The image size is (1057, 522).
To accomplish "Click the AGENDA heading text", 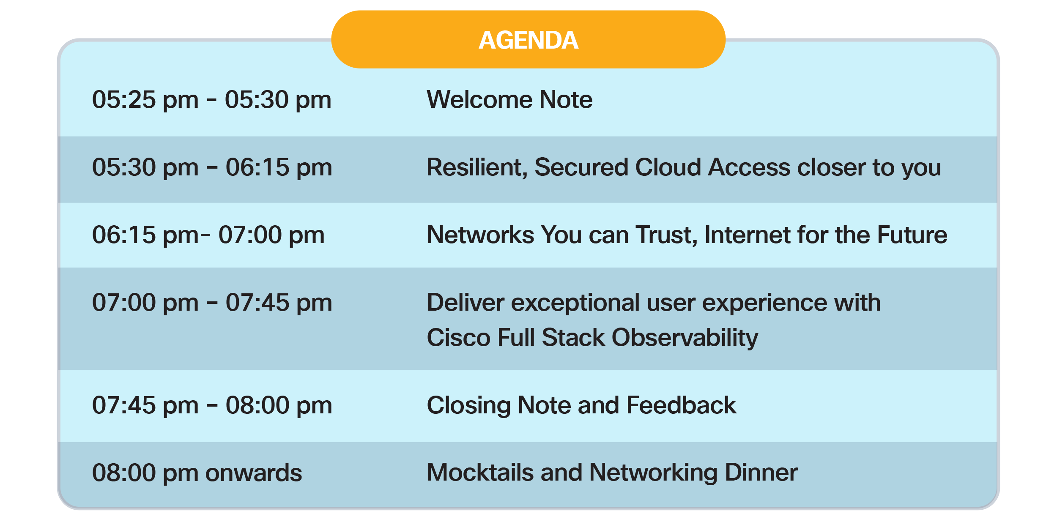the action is [528, 40].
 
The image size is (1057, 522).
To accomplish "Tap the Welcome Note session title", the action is [509, 99].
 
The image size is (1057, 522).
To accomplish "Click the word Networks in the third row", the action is [480, 235].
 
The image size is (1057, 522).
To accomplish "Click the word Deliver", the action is [466, 302].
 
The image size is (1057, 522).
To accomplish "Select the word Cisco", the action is [459, 337].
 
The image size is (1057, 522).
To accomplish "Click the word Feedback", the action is [681, 405].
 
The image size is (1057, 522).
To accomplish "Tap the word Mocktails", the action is [480, 472].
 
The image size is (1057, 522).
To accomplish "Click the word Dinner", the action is [761, 472].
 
